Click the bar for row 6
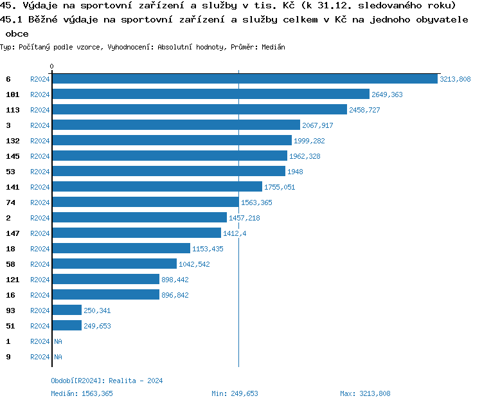(x=244, y=79)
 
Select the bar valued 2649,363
(x=211, y=94)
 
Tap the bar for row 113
(x=199, y=110)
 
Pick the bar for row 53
(x=168, y=172)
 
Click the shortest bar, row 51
(x=67, y=326)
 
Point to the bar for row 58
(x=114, y=264)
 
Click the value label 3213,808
(x=455, y=79)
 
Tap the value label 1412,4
(x=235, y=233)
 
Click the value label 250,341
(x=98, y=310)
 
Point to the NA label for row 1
(x=58, y=341)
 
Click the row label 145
(x=12, y=156)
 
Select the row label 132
(x=12, y=141)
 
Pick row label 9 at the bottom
(x=8, y=357)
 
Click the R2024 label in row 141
(x=40, y=187)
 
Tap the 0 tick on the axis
(x=52, y=66)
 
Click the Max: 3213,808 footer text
(x=365, y=393)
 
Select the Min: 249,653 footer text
(x=235, y=393)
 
